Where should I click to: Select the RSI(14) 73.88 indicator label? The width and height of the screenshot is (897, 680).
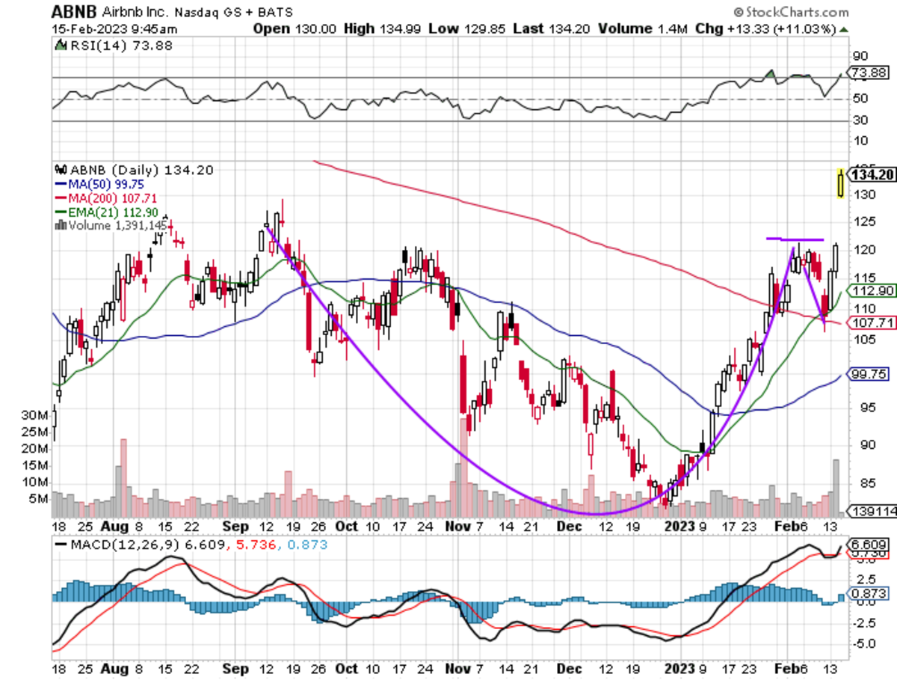pyautogui.click(x=96, y=46)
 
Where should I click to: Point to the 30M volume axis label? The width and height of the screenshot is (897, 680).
pyautogui.click(x=35, y=415)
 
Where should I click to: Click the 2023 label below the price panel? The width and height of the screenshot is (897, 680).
pyautogui.click(x=683, y=526)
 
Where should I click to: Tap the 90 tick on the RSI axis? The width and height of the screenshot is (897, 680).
pyautogui.click(x=860, y=56)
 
